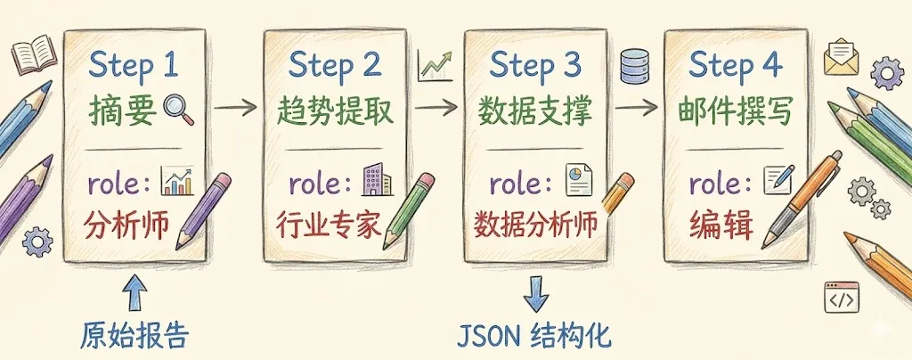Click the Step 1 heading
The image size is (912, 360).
click(134, 66)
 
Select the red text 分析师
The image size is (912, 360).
click(128, 223)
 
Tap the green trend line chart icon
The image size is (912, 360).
click(435, 65)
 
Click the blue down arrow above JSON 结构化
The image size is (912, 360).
click(535, 291)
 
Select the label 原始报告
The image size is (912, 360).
click(134, 337)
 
